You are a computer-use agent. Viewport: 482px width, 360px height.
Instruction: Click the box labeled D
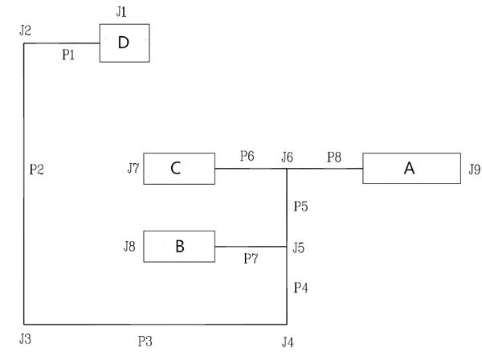[124, 43]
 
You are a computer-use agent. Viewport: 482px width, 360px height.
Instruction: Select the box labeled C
[178, 168]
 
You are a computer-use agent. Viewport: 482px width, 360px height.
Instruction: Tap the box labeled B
[178, 246]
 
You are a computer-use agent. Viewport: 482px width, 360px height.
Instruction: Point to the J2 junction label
[25, 31]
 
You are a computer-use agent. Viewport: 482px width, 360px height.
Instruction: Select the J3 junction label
[25, 338]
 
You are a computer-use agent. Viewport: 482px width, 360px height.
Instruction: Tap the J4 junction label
[288, 342]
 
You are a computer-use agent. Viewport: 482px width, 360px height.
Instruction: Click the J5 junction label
[299, 247]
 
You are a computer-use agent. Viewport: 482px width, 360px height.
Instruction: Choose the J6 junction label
[287, 156]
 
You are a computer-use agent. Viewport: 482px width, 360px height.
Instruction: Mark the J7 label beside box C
[133, 168]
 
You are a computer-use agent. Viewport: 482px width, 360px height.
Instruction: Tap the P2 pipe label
[35, 170]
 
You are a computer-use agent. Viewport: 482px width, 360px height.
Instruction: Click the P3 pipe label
[145, 341]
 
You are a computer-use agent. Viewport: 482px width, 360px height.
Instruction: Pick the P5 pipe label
[300, 207]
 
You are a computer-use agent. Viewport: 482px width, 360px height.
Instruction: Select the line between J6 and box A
[325, 169]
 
